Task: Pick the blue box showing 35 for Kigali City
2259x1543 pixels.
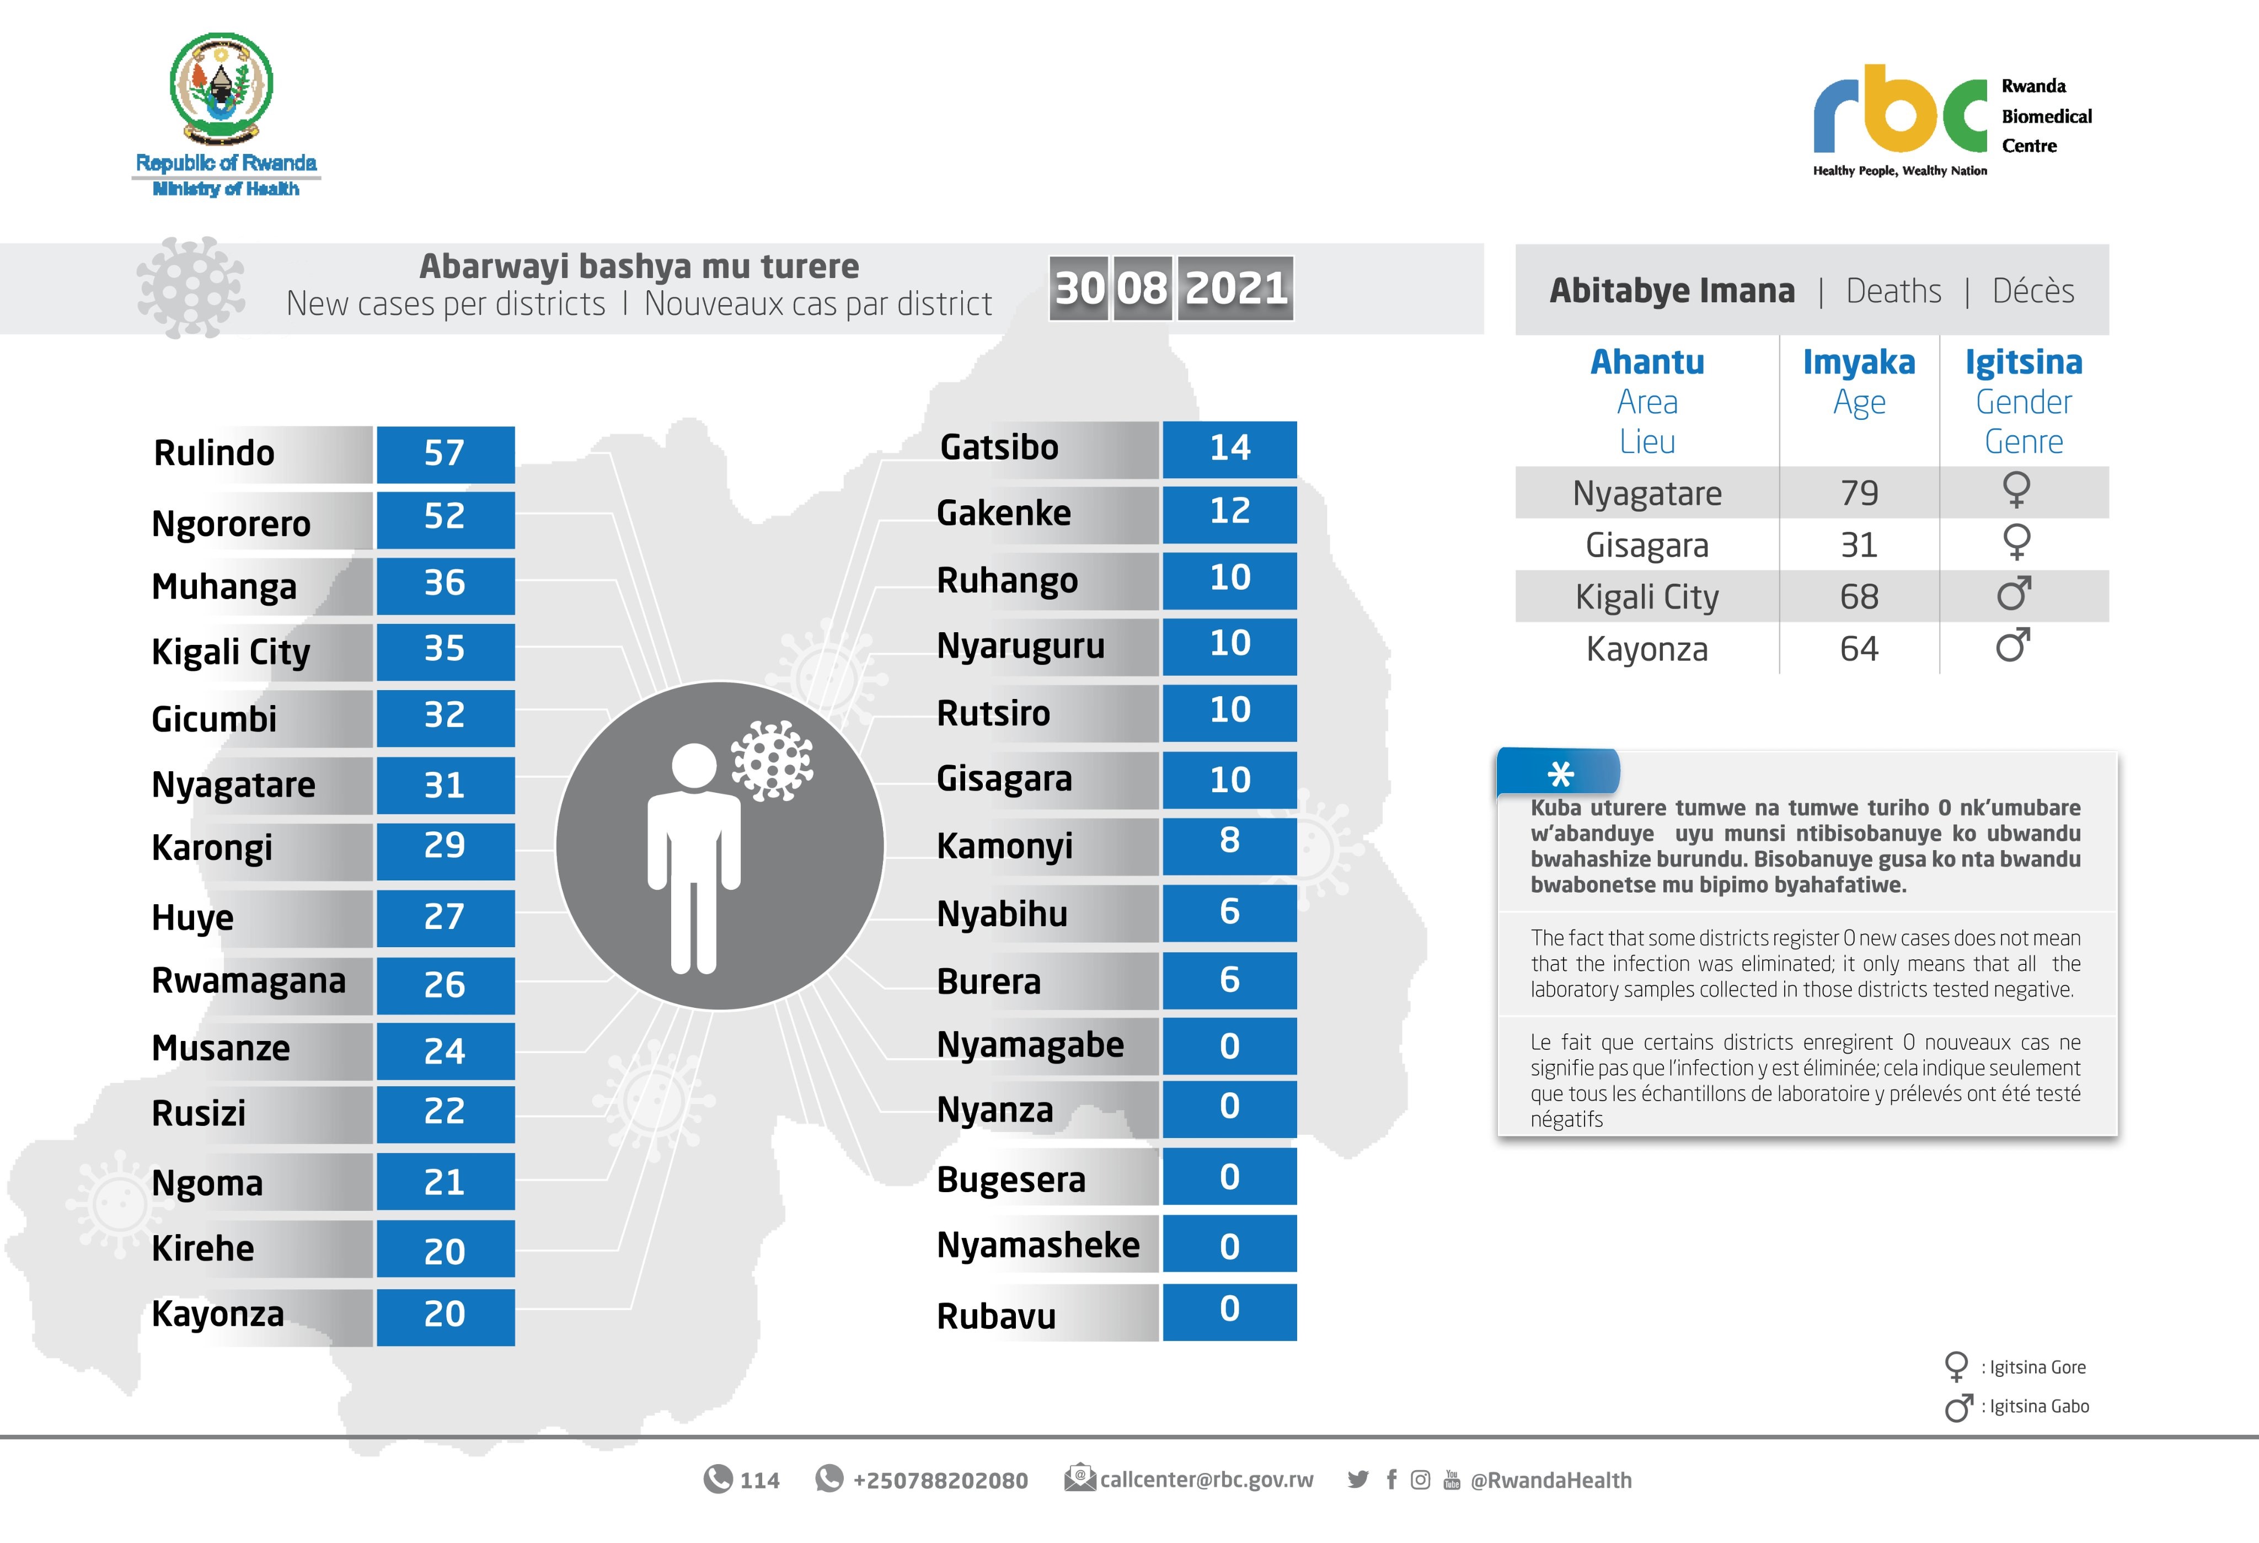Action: (x=445, y=649)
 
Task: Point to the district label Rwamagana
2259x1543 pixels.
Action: (x=249, y=981)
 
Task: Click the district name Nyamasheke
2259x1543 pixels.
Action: (x=1038, y=1246)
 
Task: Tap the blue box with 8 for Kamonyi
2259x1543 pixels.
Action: (x=1230, y=842)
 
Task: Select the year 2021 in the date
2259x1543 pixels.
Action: (x=1235, y=289)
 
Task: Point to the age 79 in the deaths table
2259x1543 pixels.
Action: (x=1859, y=494)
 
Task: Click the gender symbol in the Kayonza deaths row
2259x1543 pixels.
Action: (x=2013, y=645)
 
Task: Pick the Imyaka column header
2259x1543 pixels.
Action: (x=1859, y=362)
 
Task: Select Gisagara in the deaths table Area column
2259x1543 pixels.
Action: (x=1647, y=546)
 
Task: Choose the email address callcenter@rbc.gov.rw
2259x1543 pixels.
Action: (x=1206, y=1480)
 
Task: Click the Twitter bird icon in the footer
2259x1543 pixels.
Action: (x=1358, y=1480)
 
